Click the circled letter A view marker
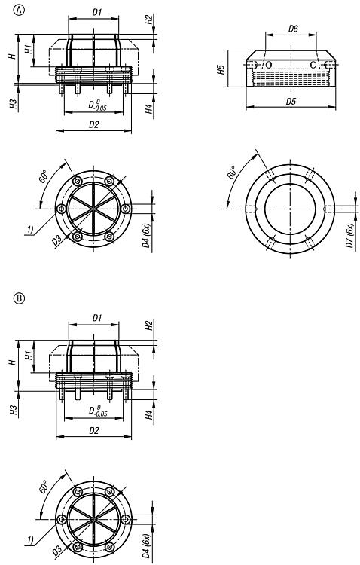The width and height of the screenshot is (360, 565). [x=19, y=10]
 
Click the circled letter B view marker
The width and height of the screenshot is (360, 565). [x=19, y=298]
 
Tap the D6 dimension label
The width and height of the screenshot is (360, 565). [x=293, y=29]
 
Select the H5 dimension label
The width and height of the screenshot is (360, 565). [x=221, y=69]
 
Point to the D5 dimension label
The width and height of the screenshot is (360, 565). [x=291, y=101]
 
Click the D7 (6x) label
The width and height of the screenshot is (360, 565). [x=349, y=235]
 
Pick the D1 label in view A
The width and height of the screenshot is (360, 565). [x=97, y=12]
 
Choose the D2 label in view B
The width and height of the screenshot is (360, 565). [x=93, y=430]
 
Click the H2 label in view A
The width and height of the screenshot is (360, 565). [x=149, y=20]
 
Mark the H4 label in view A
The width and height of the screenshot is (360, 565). [x=149, y=108]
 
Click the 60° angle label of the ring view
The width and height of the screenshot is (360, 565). [x=232, y=173]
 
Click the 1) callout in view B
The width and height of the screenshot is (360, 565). [x=30, y=539]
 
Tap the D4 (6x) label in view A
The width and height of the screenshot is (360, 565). [x=146, y=235]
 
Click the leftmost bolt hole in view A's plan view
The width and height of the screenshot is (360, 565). [x=62, y=209]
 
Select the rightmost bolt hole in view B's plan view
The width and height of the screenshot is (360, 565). [x=126, y=519]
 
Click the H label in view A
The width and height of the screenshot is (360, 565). [x=13, y=56]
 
